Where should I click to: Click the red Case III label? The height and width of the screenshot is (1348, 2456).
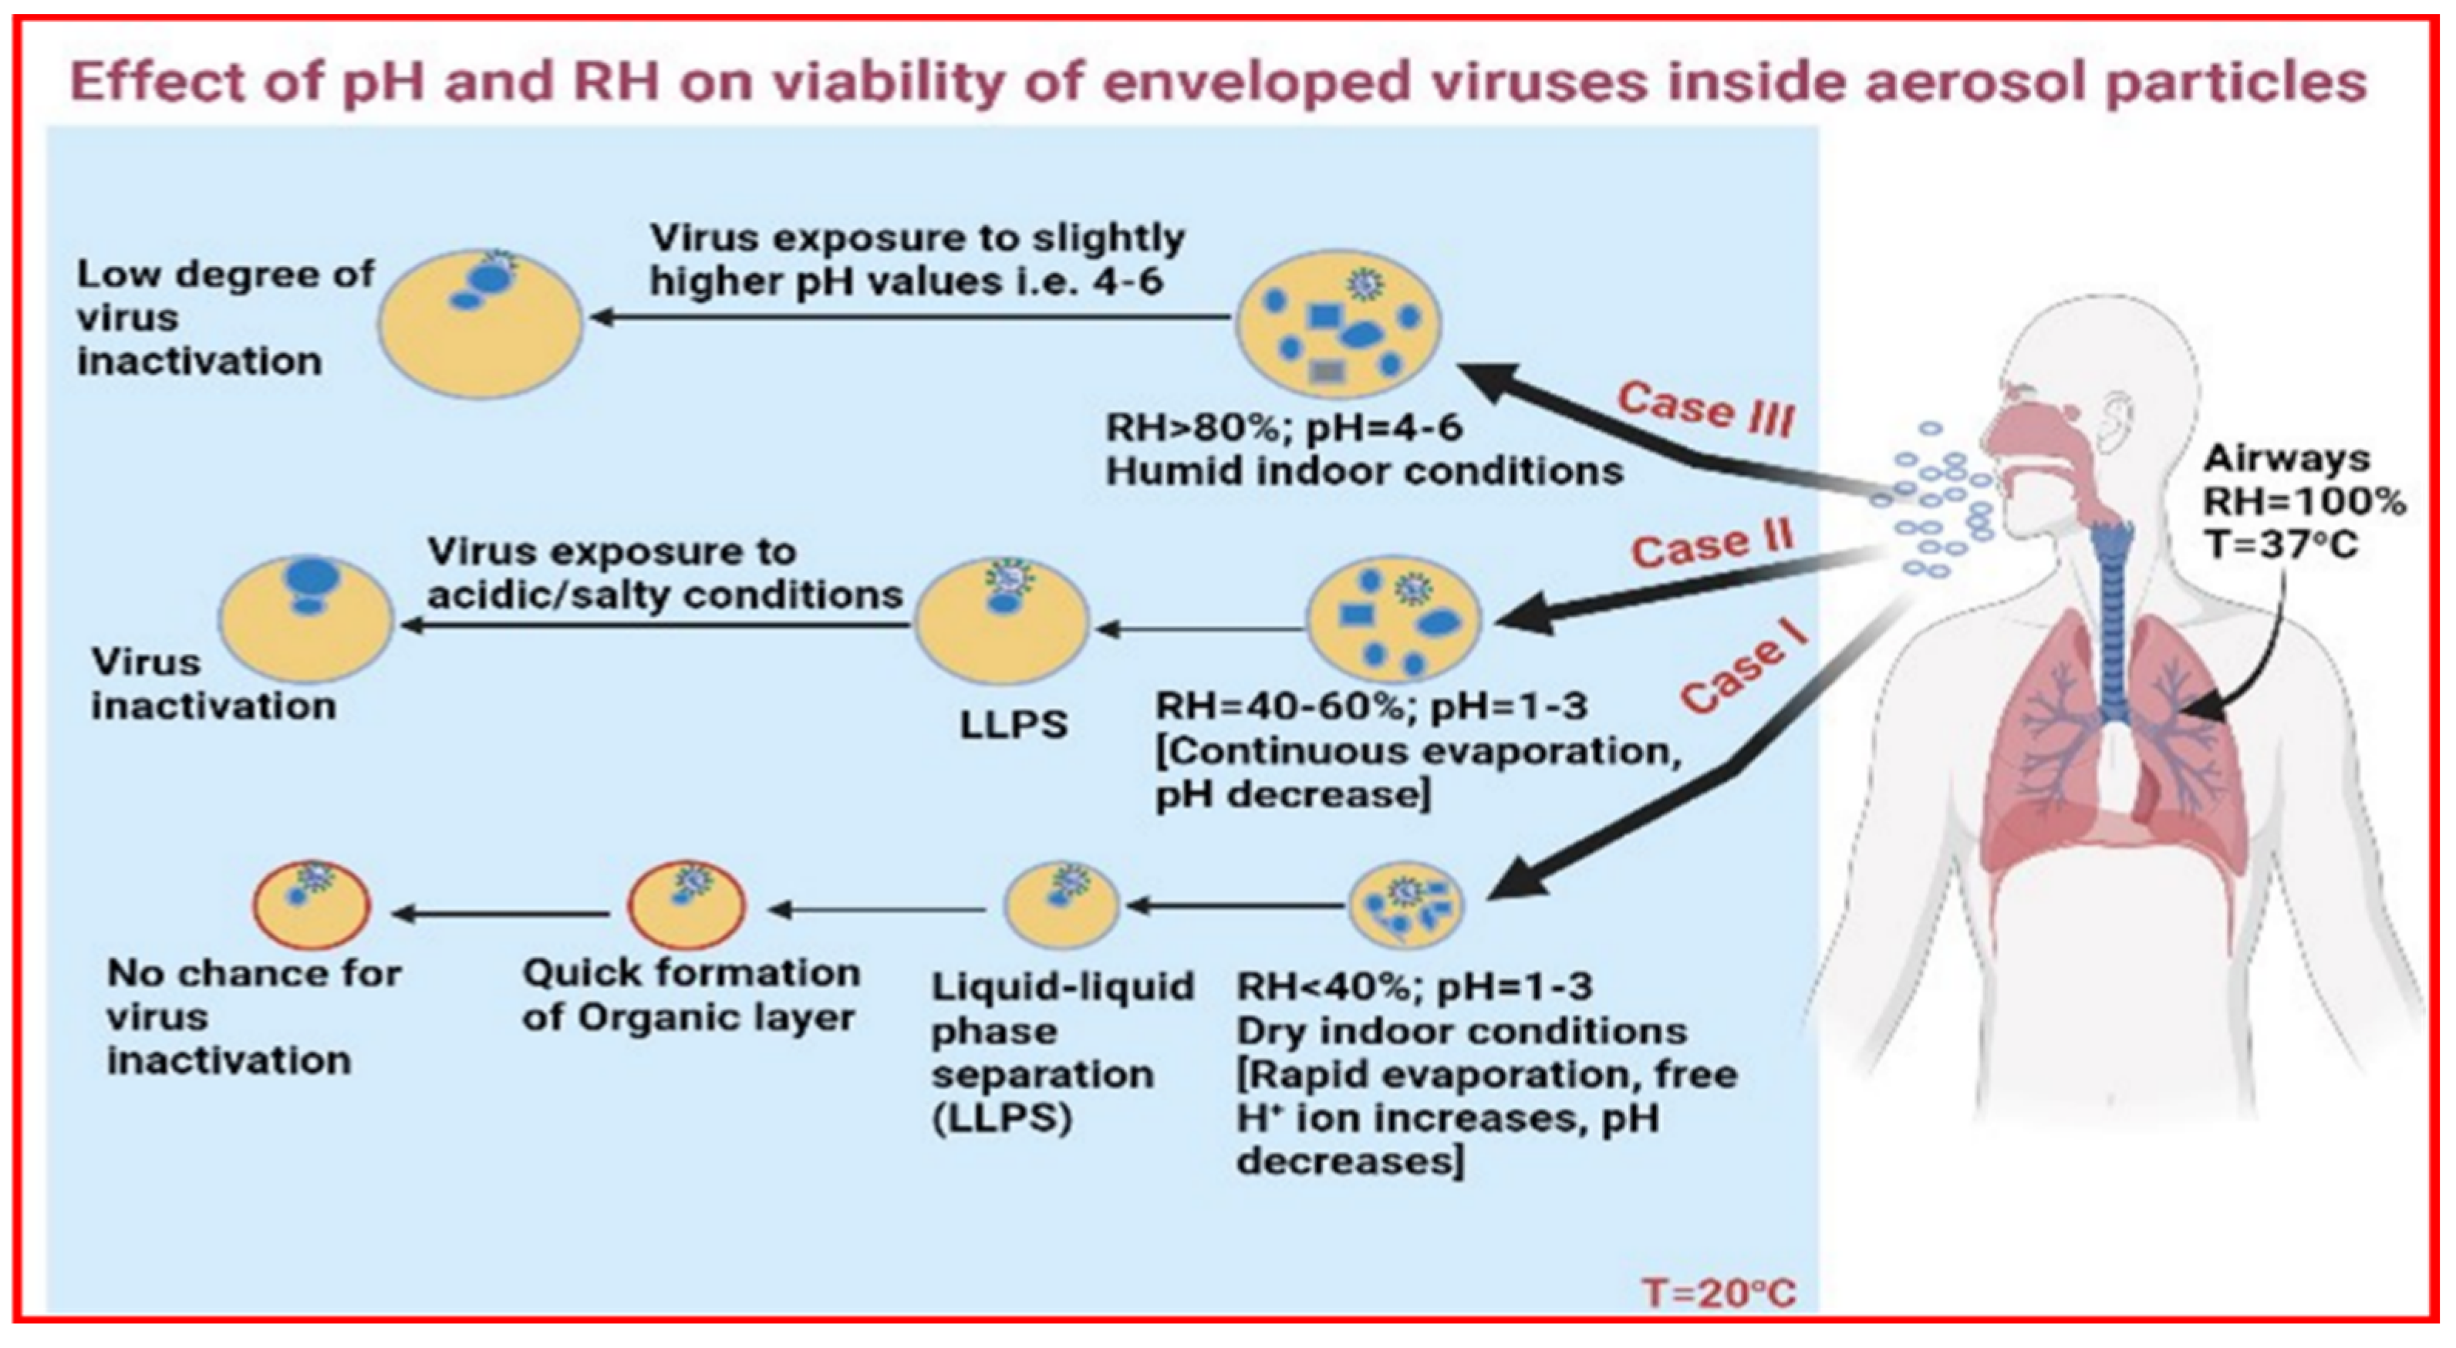(1705, 409)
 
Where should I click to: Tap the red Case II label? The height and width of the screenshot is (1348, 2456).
(1712, 546)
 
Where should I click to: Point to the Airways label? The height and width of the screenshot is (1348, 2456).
(2286, 459)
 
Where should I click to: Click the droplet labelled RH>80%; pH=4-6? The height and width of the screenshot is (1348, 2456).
(1338, 323)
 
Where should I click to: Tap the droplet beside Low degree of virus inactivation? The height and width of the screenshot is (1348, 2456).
(480, 323)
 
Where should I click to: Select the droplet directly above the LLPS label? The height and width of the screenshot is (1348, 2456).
(1001, 621)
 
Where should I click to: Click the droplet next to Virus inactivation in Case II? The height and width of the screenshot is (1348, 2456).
(305, 620)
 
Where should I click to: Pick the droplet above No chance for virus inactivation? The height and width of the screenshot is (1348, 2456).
(311, 905)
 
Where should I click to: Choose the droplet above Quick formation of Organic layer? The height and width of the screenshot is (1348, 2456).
(687, 905)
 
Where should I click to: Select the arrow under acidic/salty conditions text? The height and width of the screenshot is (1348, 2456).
(658, 625)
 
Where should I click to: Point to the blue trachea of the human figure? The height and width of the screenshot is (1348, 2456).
(2112, 620)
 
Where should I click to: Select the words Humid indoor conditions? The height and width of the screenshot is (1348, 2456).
(1364, 472)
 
